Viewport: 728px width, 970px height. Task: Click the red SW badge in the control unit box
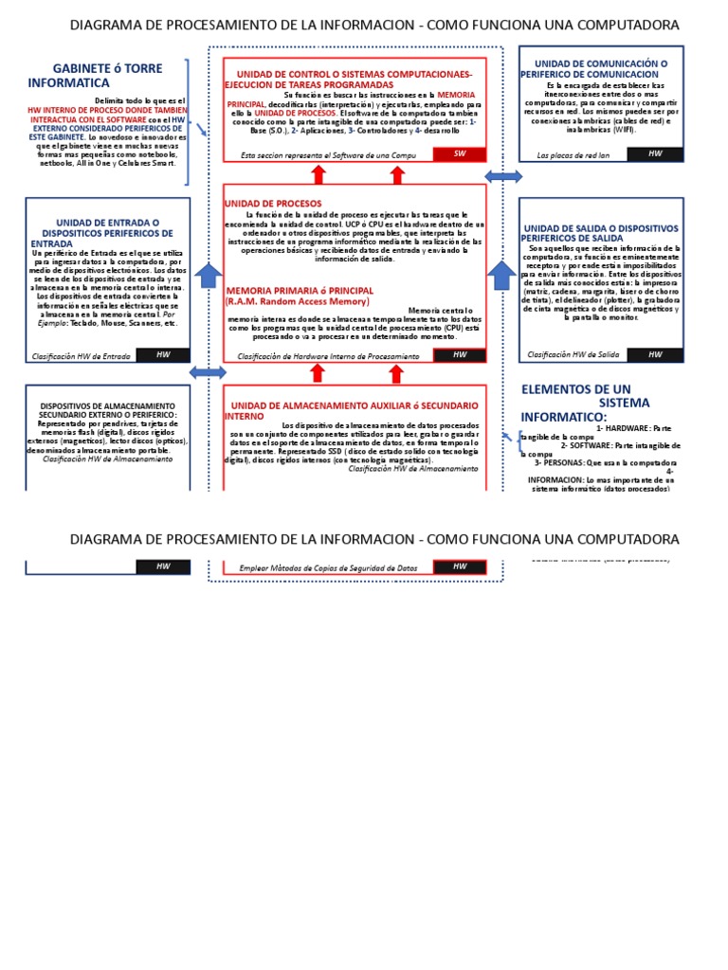(460, 154)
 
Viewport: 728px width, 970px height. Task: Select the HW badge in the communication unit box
(655, 153)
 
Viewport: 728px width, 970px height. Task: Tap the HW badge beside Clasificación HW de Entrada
(162, 355)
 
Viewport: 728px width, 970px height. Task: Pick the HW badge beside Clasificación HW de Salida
(655, 354)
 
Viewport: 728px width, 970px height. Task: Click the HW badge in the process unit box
(460, 355)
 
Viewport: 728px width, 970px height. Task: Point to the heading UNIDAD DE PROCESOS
(273, 204)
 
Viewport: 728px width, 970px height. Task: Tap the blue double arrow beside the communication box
(503, 176)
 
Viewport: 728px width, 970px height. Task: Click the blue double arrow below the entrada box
(208, 372)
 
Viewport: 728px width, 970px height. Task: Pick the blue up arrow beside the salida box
(501, 276)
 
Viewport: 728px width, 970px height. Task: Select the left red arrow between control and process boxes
(318, 173)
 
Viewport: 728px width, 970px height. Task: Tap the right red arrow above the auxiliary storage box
(397, 373)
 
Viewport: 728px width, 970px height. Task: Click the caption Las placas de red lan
(573, 154)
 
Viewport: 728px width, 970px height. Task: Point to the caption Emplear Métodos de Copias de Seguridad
(328, 567)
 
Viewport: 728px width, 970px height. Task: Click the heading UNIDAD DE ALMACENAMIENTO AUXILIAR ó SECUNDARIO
(351, 410)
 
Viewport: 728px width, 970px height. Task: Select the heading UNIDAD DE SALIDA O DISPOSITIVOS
(600, 233)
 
